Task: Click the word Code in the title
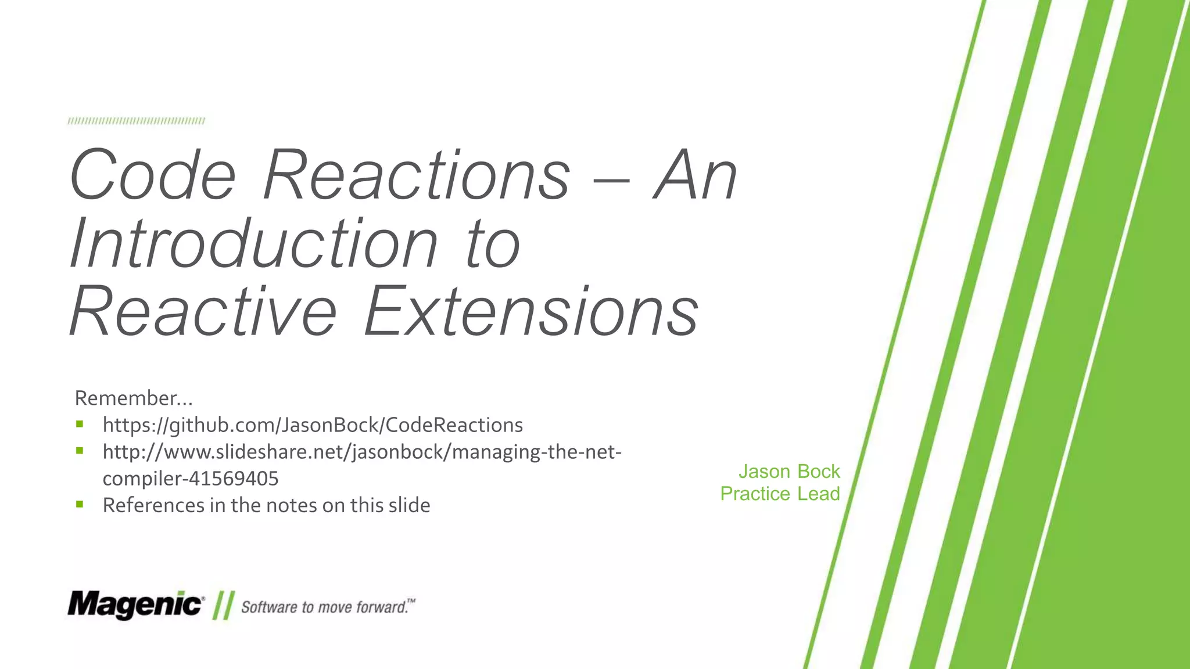pyautogui.click(x=153, y=175)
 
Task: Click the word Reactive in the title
pyautogui.click(x=203, y=312)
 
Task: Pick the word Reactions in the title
pyautogui.click(x=416, y=175)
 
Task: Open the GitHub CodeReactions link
pyautogui.click(x=313, y=425)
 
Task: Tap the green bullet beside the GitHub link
pyautogui.click(x=80, y=424)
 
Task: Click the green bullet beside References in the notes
pyautogui.click(x=80, y=504)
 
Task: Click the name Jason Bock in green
pyautogui.click(x=788, y=471)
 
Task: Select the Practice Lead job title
pyautogui.click(x=780, y=494)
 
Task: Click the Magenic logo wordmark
pyautogui.click(x=135, y=605)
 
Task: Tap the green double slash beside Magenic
pyautogui.click(x=223, y=606)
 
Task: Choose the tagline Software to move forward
pyautogui.click(x=327, y=607)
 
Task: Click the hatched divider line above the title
pyautogui.click(x=136, y=121)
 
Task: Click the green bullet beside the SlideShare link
pyautogui.click(x=80, y=450)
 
